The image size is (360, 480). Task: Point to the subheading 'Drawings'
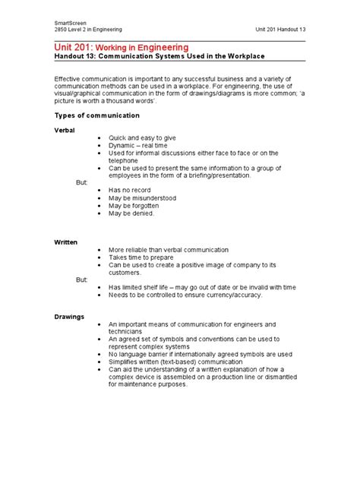69,316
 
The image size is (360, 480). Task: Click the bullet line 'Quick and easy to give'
142,138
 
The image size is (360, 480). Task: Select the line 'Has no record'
131,190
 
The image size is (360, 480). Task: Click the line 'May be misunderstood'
142,198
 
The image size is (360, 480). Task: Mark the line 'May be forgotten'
135,206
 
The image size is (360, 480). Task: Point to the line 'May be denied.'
131,213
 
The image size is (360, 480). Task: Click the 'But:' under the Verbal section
82,183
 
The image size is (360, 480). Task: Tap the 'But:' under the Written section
82,279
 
